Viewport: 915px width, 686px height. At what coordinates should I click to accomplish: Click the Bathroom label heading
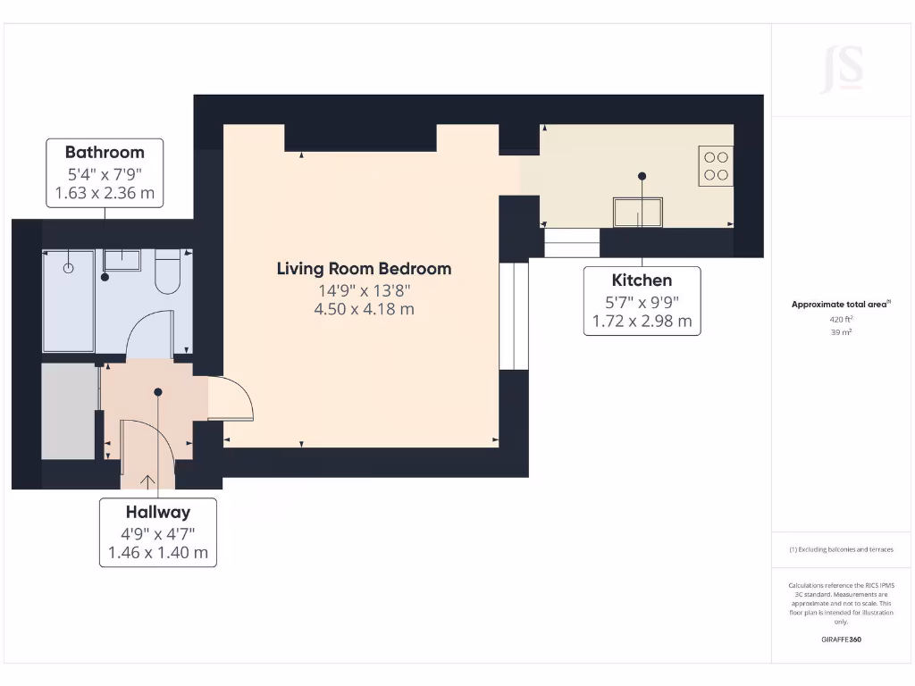pyautogui.click(x=105, y=152)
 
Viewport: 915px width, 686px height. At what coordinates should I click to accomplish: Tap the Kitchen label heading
pyautogui.click(x=642, y=280)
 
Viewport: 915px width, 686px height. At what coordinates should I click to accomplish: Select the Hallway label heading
pyautogui.click(x=157, y=512)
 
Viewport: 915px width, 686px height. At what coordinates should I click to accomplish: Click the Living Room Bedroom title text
pyautogui.click(x=364, y=268)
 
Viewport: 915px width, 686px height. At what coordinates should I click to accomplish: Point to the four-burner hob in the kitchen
pyautogui.click(x=716, y=166)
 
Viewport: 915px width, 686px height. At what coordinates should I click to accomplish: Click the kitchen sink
pyautogui.click(x=637, y=213)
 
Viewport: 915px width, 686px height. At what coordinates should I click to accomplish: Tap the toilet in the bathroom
pyautogui.click(x=168, y=272)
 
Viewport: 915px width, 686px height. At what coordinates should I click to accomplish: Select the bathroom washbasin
pyautogui.click(x=122, y=260)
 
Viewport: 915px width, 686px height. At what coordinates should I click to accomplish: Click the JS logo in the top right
pyautogui.click(x=842, y=70)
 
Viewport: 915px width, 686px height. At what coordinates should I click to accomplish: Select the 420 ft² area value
pyautogui.click(x=841, y=318)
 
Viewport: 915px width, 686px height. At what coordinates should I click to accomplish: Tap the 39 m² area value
pyautogui.click(x=841, y=331)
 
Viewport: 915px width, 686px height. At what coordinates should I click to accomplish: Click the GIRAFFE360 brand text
pyautogui.click(x=841, y=640)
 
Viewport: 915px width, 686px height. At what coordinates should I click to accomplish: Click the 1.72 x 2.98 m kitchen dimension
pyautogui.click(x=642, y=321)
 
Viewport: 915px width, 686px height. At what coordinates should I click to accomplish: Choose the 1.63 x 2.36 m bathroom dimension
pyautogui.click(x=105, y=192)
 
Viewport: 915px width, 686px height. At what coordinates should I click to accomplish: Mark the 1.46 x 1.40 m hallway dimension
pyautogui.click(x=157, y=552)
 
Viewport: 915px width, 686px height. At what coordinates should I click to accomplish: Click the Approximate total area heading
pyautogui.click(x=840, y=305)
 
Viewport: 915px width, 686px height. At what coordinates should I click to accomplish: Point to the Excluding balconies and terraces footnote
pyautogui.click(x=841, y=549)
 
